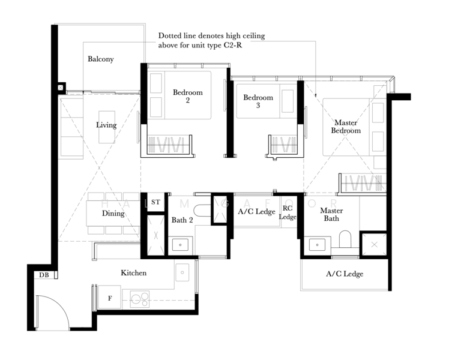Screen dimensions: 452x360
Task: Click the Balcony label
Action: [101, 59]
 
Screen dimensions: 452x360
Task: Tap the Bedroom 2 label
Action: [188, 96]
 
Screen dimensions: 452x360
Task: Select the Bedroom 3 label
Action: [258, 101]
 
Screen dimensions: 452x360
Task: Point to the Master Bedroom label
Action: [346, 127]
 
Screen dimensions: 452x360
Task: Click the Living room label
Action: [106, 125]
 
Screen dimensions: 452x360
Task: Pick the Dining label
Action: [113, 213]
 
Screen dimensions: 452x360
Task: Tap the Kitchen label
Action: [133, 272]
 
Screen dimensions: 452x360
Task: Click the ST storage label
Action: [155, 202]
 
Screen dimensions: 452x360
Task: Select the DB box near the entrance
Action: [44, 275]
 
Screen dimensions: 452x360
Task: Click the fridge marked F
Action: [109, 298]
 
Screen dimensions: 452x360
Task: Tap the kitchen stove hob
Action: [140, 299]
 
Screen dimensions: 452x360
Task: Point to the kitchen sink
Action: [182, 272]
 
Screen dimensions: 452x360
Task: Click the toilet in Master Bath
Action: [345, 239]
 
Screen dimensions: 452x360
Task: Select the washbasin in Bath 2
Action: [180, 245]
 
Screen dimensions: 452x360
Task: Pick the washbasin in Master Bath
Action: [317, 245]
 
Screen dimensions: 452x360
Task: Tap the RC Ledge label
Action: [288, 212]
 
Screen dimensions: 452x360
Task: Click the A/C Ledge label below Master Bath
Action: [345, 274]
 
